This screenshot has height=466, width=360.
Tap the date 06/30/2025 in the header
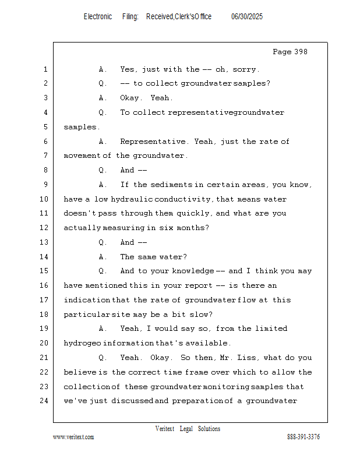coord(247,17)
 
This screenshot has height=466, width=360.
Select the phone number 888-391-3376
coord(303,437)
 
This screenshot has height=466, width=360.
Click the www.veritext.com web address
coord(73,437)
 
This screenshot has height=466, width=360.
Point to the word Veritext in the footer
coord(164,429)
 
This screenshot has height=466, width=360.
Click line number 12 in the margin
coord(44,228)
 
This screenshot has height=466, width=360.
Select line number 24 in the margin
coord(44,401)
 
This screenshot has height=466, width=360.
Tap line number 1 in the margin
coord(45,69)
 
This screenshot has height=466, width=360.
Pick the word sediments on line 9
coord(171,185)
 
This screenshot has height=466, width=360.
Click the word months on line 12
coord(195,228)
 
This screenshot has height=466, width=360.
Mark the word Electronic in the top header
coord(98,17)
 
